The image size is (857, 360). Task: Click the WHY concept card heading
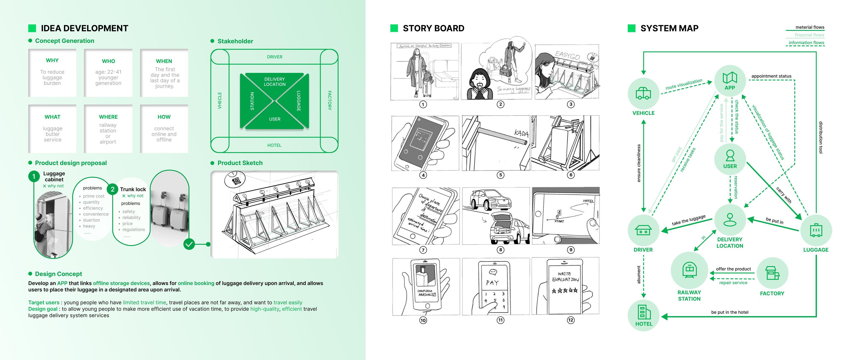click(52, 60)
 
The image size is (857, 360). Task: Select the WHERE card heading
click(108, 117)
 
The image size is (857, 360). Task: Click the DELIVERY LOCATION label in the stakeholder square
click(274, 81)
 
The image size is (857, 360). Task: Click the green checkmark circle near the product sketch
click(189, 244)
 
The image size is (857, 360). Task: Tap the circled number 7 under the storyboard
click(423, 250)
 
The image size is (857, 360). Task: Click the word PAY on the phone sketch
click(492, 283)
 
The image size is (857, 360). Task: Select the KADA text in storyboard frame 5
click(521, 133)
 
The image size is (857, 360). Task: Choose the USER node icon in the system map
click(730, 155)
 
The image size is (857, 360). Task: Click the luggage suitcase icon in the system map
click(816, 230)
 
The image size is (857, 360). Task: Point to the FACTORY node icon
click(772, 273)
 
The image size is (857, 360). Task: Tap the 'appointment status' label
click(771, 76)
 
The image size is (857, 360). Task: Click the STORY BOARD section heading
click(433, 28)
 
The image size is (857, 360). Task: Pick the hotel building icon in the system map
click(643, 312)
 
